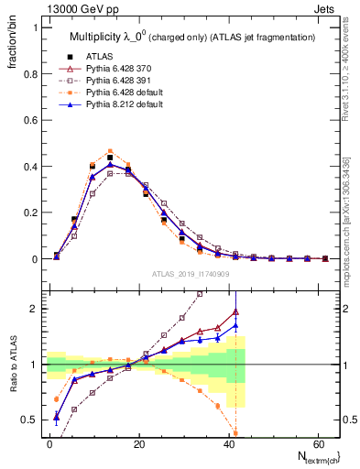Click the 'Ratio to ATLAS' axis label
click(x=12, y=365)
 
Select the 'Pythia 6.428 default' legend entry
click(x=125, y=93)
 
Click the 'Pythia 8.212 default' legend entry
click(x=125, y=106)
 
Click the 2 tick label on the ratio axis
click(x=34, y=309)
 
